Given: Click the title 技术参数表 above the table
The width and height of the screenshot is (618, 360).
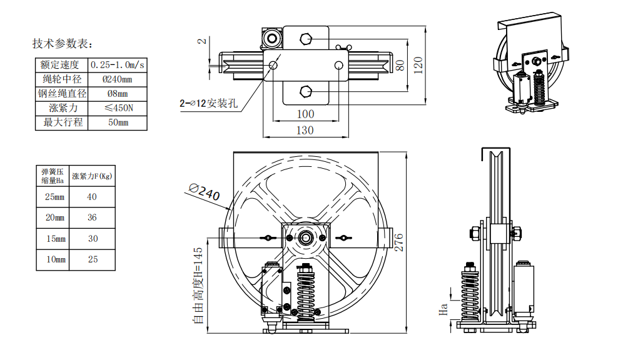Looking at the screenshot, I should point(63,44).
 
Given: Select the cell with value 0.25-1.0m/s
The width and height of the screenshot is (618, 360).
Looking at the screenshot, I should point(118,64).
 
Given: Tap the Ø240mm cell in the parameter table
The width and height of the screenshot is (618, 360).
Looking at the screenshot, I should point(118,79).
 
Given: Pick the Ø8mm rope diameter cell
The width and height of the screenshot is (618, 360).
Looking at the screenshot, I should point(118,94).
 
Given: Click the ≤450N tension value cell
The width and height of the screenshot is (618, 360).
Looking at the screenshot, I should point(118,108).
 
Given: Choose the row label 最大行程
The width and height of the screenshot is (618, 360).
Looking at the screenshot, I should point(62,122).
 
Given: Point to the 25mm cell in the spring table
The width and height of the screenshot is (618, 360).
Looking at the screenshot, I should point(54,197).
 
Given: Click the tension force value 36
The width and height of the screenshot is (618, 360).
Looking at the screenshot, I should point(93,217).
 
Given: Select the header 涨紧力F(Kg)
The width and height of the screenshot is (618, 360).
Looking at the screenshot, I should point(92,176).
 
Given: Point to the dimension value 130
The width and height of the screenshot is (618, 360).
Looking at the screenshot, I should point(305,130).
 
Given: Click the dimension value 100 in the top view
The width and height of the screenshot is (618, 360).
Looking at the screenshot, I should point(305,114).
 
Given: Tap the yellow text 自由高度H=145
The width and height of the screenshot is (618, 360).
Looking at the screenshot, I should point(198,284).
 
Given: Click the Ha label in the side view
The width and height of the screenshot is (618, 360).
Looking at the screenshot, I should point(443,307).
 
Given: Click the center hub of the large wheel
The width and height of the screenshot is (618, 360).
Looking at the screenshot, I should point(306,237).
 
